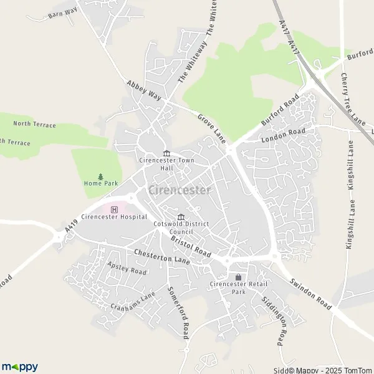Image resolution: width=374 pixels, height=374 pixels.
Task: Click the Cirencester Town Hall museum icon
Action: point(166,154)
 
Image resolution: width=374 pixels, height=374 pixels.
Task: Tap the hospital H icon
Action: point(113,209)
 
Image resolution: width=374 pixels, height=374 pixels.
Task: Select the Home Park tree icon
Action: point(100,177)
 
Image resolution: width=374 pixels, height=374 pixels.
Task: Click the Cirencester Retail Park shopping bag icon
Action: point(237,277)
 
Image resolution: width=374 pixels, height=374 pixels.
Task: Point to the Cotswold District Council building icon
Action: point(181,216)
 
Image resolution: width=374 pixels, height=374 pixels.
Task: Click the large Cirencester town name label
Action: point(180,190)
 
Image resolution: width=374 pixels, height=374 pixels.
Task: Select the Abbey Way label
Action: point(143,91)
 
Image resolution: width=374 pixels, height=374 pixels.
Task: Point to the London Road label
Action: point(283,135)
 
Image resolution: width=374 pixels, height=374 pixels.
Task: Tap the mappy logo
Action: point(20,366)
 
